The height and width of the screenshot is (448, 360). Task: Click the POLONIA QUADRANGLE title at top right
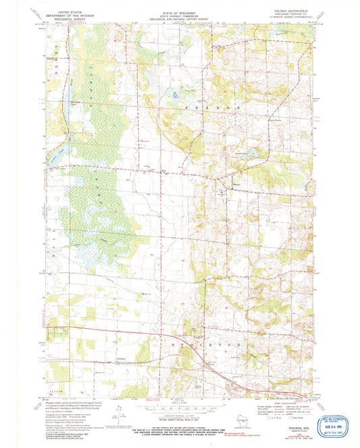(x=291, y=12)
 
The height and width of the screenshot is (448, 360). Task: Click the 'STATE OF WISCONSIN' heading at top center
(x=180, y=12)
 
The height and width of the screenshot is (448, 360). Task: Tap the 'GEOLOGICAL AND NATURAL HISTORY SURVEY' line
(x=180, y=19)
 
